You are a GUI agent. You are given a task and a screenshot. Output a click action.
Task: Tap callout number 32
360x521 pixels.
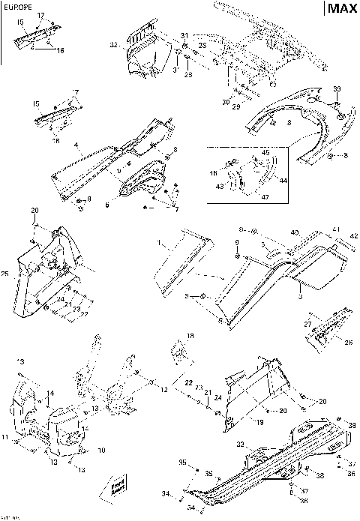(113, 46)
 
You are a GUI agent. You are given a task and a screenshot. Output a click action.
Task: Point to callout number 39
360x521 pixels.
(337, 88)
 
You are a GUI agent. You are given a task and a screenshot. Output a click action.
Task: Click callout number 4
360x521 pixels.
(76, 144)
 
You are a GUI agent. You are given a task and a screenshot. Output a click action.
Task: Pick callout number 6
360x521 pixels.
(106, 204)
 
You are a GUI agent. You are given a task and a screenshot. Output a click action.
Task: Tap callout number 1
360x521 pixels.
(158, 244)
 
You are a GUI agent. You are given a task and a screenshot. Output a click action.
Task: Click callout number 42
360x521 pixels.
(354, 236)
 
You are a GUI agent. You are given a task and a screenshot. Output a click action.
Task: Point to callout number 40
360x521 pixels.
(295, 232)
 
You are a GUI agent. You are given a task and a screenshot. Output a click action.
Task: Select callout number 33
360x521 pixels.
(240, 445)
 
